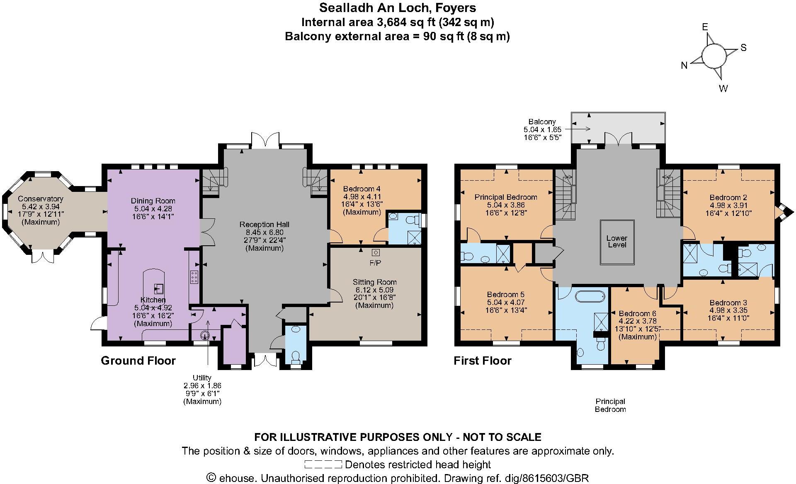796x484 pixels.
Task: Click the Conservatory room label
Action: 40,199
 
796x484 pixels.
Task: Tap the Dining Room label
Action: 153,201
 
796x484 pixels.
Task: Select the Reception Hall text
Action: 264,225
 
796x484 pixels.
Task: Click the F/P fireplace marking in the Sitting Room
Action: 375,263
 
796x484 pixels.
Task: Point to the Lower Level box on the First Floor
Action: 617,242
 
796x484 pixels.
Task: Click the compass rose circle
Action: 714,56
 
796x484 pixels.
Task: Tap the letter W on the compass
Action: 723,88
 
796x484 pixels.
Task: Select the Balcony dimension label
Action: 542,129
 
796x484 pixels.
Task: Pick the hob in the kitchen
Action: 194,277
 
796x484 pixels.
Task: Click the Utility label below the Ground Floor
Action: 202,378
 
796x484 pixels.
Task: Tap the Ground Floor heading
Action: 138,361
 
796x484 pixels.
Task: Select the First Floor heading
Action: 482,361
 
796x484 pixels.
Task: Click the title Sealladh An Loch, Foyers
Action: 397,8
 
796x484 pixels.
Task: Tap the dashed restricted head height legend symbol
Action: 323,464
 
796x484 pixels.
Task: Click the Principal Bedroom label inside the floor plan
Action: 505,197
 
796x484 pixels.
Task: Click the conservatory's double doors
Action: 43,257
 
